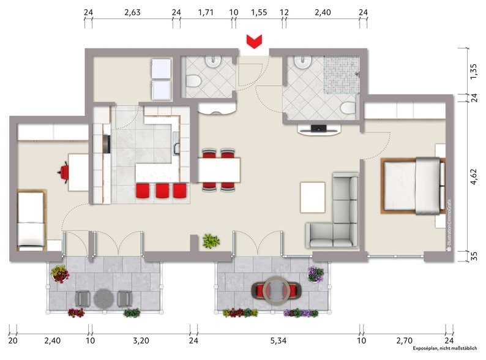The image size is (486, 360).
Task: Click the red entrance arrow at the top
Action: point(253,41)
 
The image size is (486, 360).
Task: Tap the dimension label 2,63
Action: point(132,12)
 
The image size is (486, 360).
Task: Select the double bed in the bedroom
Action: point(411,186)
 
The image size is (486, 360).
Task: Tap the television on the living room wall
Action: point(318,129)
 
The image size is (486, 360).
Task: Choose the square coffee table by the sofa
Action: point(312,197)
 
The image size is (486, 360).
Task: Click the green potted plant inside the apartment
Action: point(211,241)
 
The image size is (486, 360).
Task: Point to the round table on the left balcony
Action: point(103,298)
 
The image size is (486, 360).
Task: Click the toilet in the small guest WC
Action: point(192,82)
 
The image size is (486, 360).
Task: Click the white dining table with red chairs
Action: point(219,169)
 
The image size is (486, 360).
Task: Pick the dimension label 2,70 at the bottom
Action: point(405,339)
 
